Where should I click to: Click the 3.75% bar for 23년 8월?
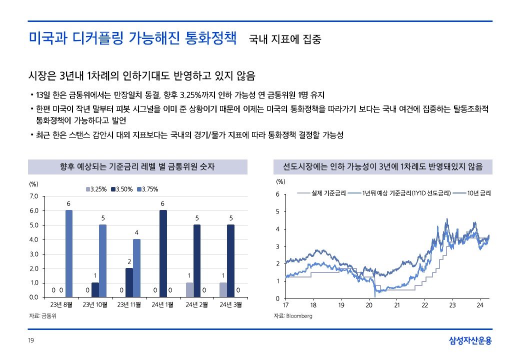pos(68,253)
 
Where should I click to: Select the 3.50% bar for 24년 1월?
pos(163,253)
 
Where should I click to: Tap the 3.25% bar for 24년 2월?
pos(189,290)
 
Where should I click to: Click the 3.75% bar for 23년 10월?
pos(102,260)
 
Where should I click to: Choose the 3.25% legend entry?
pos(96,189)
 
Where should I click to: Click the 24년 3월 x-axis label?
pos(230,304)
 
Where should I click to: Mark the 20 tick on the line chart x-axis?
pos(369,305)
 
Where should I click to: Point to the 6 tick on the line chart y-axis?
pos(278,194)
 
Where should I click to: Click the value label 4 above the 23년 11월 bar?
pos(136,232)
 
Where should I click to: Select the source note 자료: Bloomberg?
pos(293,316)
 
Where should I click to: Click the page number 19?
pos(30,341)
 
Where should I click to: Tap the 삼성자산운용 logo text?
pos(470,341)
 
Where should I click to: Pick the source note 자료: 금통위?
pos(42,316)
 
